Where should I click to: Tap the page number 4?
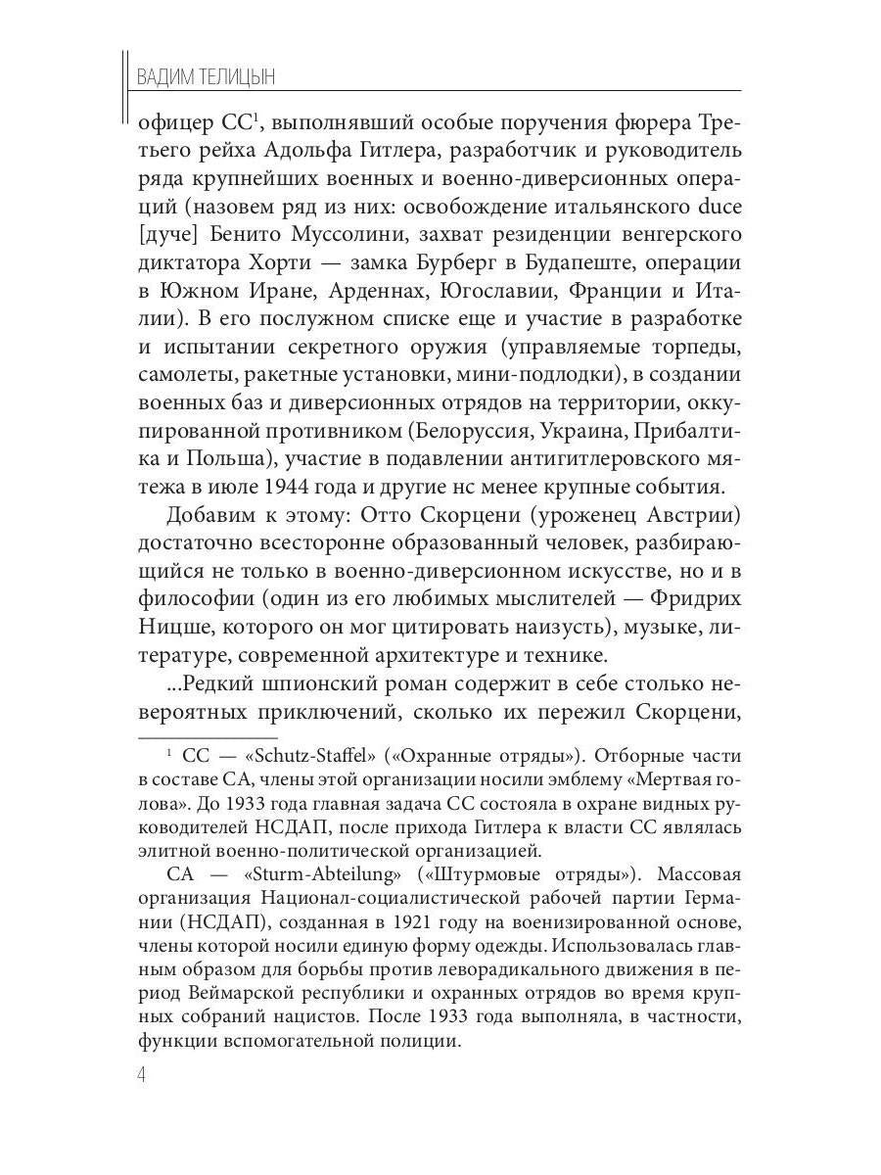pyautogui.click(x=142, y=1074)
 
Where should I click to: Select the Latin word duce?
pyautogui.click(x=719, y=208)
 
